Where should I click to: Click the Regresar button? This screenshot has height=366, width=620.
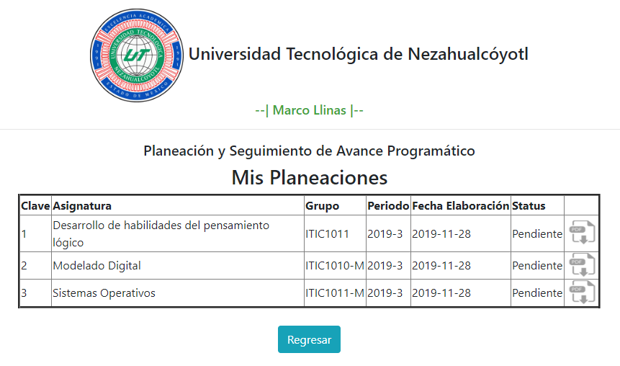[x=309, y=339]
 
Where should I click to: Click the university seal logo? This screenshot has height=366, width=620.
[x=137, y=55]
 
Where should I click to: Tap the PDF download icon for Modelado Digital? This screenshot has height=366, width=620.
[x=582, y=265]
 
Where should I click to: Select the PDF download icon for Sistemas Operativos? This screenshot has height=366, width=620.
[x=582, y=293]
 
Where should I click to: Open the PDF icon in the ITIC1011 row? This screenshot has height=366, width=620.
[x=582, y=233]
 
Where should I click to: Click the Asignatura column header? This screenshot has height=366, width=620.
[x=82, y=206]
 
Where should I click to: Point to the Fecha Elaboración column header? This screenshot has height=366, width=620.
[x=460, y=206]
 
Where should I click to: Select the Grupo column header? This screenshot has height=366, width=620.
[x=323, y=206]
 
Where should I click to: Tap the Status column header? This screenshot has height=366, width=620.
[x=529, y=206]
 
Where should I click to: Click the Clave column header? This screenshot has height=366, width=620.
[x=35, y=206]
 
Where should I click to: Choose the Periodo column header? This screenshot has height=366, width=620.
[x=388, y=206]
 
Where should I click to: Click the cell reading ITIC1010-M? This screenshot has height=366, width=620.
[x=335, y=266]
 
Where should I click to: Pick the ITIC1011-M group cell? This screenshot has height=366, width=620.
[x=335, y=293]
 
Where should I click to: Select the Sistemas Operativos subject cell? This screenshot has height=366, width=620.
[x=104, y=293]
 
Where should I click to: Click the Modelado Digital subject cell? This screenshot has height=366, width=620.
[x=97, y=266]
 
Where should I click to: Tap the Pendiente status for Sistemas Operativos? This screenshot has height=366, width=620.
[x=537, y=293]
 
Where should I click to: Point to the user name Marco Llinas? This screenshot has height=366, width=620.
[x=309, y=110]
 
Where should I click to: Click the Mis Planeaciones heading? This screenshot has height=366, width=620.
[x=310, y=178]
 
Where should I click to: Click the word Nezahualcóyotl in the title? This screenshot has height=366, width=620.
[x=468, y=54]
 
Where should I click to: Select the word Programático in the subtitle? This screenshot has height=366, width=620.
[x=431, y=151]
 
